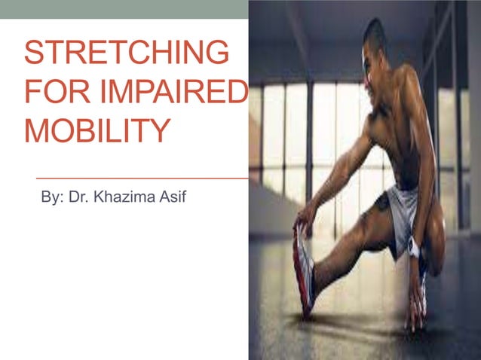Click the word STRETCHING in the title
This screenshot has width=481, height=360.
[126, 53]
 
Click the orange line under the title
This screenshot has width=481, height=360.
[143, 178]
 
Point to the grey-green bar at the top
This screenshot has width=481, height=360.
[124, 9]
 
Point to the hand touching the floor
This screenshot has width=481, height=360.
[415, 310]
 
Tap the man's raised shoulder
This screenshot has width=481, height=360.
[412, 83]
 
